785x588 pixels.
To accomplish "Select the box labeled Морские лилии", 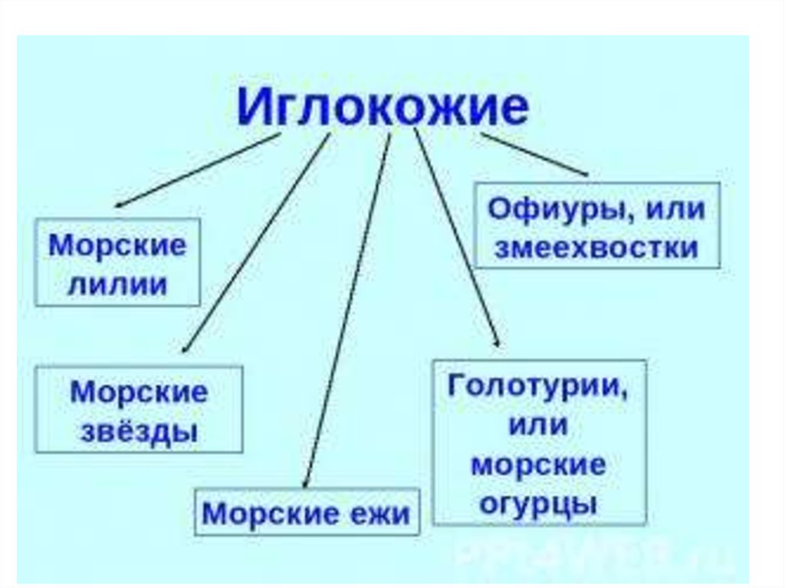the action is (118, 262).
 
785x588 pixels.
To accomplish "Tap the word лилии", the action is (118, 284).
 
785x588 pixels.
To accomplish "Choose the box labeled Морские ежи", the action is (307, 511).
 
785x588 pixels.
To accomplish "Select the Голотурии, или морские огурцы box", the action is (540, 442).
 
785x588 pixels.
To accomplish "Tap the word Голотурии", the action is (538, 385).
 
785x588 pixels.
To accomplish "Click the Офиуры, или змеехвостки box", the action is (597, 225).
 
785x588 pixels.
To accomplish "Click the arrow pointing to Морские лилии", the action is (198, 171).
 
